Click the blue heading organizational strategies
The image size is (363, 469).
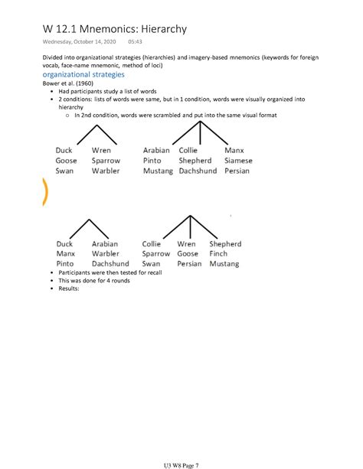[83, 75]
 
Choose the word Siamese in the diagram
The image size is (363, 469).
[238, 161]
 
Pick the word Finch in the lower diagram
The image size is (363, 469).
[218, 253]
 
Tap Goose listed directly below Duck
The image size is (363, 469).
[67, 161]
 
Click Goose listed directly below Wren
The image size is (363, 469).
[187, 253]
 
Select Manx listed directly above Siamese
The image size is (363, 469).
[234, 151]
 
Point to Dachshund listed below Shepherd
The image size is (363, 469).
[198, 171]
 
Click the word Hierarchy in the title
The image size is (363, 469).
[158, 29]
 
